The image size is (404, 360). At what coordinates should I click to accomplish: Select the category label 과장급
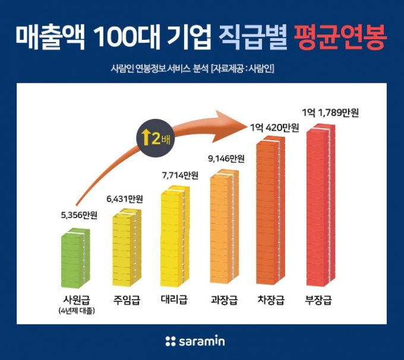click(x=223, y=299)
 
